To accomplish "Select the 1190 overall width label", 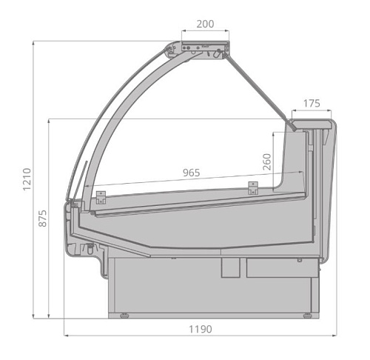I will coord(199,329).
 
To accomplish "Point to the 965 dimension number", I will coord(191,173).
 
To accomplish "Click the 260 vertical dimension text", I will coord(266,161).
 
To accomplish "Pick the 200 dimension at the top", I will coord(205,24).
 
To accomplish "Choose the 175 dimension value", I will coord(312,103).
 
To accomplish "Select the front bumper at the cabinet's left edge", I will coord(72,222).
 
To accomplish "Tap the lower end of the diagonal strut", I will coord(296,127).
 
